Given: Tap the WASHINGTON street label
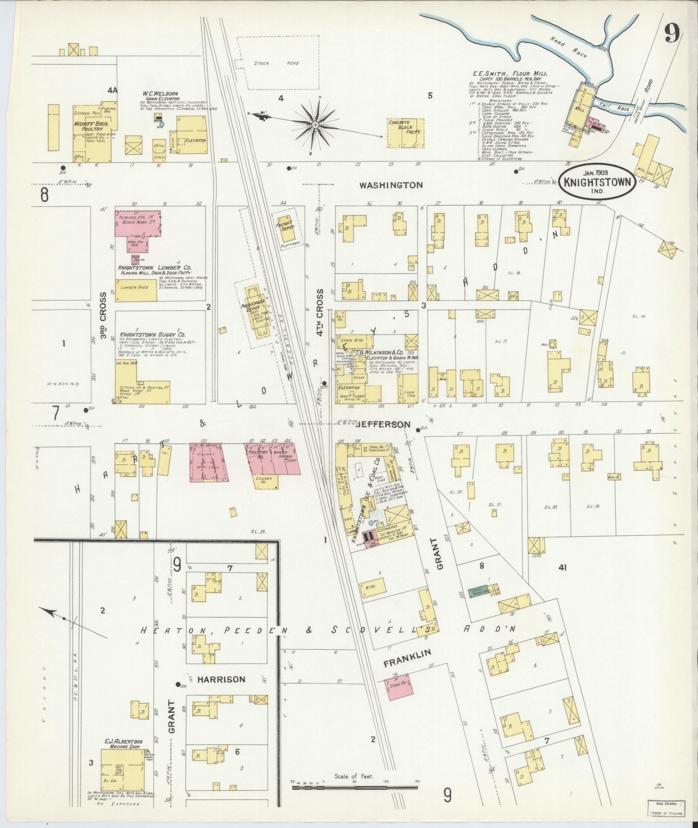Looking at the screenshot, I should pyautogui.click(x=391, y=185).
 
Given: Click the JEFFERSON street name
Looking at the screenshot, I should pyautogui.click(x=382, y=425).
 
